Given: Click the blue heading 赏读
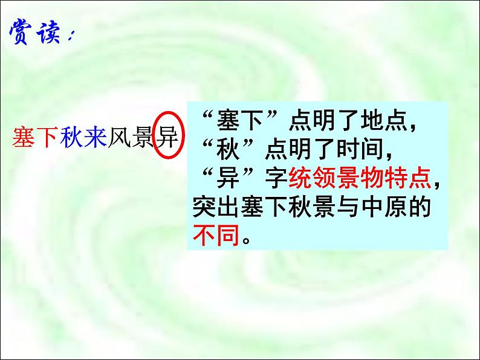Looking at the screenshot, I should coord(36,34).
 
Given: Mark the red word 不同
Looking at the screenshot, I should coord(216,233).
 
